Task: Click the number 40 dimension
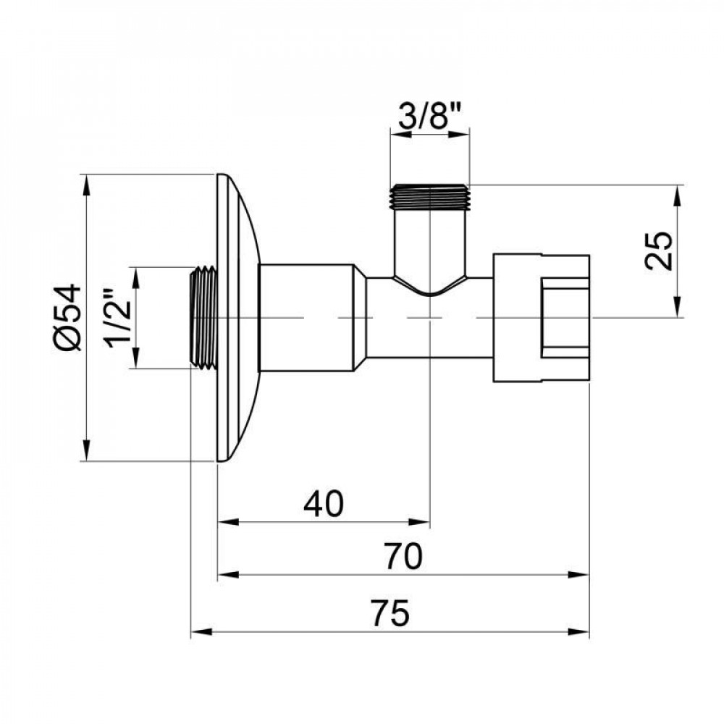point(323,504)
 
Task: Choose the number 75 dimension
point(392,614)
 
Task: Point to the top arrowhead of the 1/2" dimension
point(135,275)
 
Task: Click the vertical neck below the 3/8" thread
point(430,243)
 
